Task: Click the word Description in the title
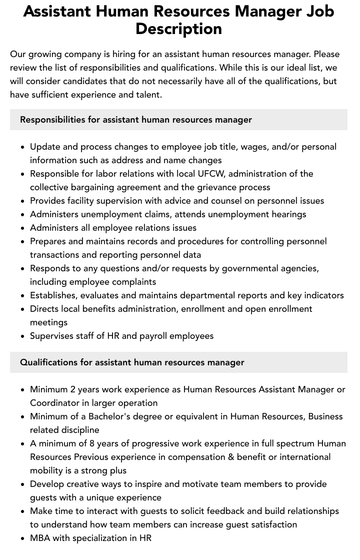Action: [x=178, y=29]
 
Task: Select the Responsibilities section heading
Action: [x=136, y=120]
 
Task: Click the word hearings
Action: [x=287, y=214]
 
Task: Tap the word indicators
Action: [x=322, y=295]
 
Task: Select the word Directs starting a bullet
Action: [x=44, y=309]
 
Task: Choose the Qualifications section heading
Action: [x=132, y=362]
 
